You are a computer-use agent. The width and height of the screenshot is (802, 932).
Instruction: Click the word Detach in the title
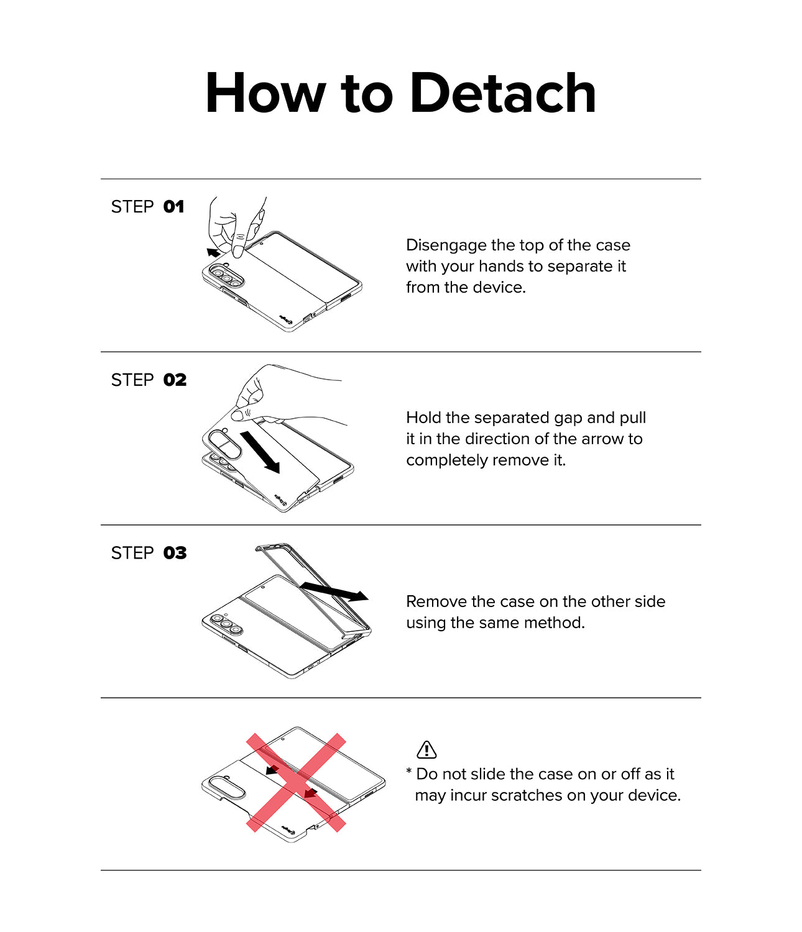[x=503, y=93]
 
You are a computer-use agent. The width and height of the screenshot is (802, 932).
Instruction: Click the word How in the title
[x=265, y=93]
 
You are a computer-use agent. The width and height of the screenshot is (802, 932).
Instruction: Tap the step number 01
[x=173, y=206]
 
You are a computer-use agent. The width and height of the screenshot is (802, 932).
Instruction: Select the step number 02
[x=175, y=380]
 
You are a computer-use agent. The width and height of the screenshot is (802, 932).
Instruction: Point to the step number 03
[x=175, y=553]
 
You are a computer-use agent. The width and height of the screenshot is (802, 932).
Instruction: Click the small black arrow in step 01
[x=213, y=252]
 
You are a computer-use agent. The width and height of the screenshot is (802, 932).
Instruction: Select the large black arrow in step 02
[x=260, y=452]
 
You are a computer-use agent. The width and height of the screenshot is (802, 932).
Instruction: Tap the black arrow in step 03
[x=334, y=591]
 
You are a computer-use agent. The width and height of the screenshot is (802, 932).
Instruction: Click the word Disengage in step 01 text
[x=446, y=245]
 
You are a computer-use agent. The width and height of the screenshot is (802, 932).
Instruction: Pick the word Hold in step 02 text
[x=423, y=418]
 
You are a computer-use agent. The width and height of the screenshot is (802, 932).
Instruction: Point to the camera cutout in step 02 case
[x=224, y=445]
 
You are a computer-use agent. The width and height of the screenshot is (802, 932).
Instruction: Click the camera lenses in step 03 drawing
[x=227, y=624]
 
